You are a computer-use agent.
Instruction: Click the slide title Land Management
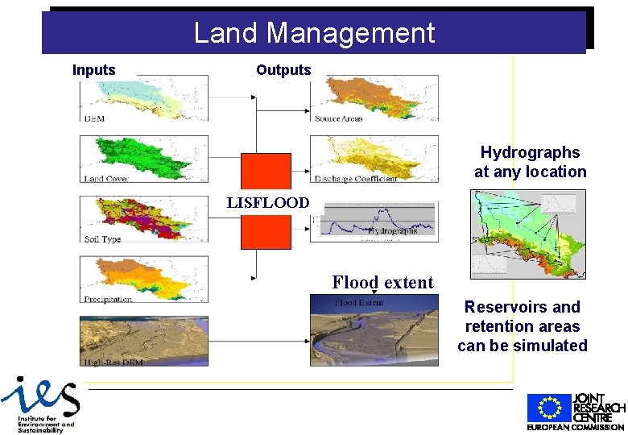coord(314,33)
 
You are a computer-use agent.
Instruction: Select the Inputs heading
coord(94,70)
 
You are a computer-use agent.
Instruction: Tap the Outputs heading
coord(283,70)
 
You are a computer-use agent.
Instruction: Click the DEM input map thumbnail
coord(144,98)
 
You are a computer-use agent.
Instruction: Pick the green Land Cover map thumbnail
coord(144,158)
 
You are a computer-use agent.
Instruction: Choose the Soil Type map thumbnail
coord(144,219)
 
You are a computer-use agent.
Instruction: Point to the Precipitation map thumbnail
coord(144,279)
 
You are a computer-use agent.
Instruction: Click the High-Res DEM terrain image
coord(144,340)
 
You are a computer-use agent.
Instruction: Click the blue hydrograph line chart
coord(379,220)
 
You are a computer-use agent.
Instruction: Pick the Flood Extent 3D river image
coord(374,330)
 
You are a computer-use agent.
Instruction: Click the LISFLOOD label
coord(267,203)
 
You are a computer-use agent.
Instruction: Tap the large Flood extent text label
coord(382,282)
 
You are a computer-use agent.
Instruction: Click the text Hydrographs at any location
coord(530,162)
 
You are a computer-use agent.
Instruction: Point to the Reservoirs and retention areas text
coord(523,326)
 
